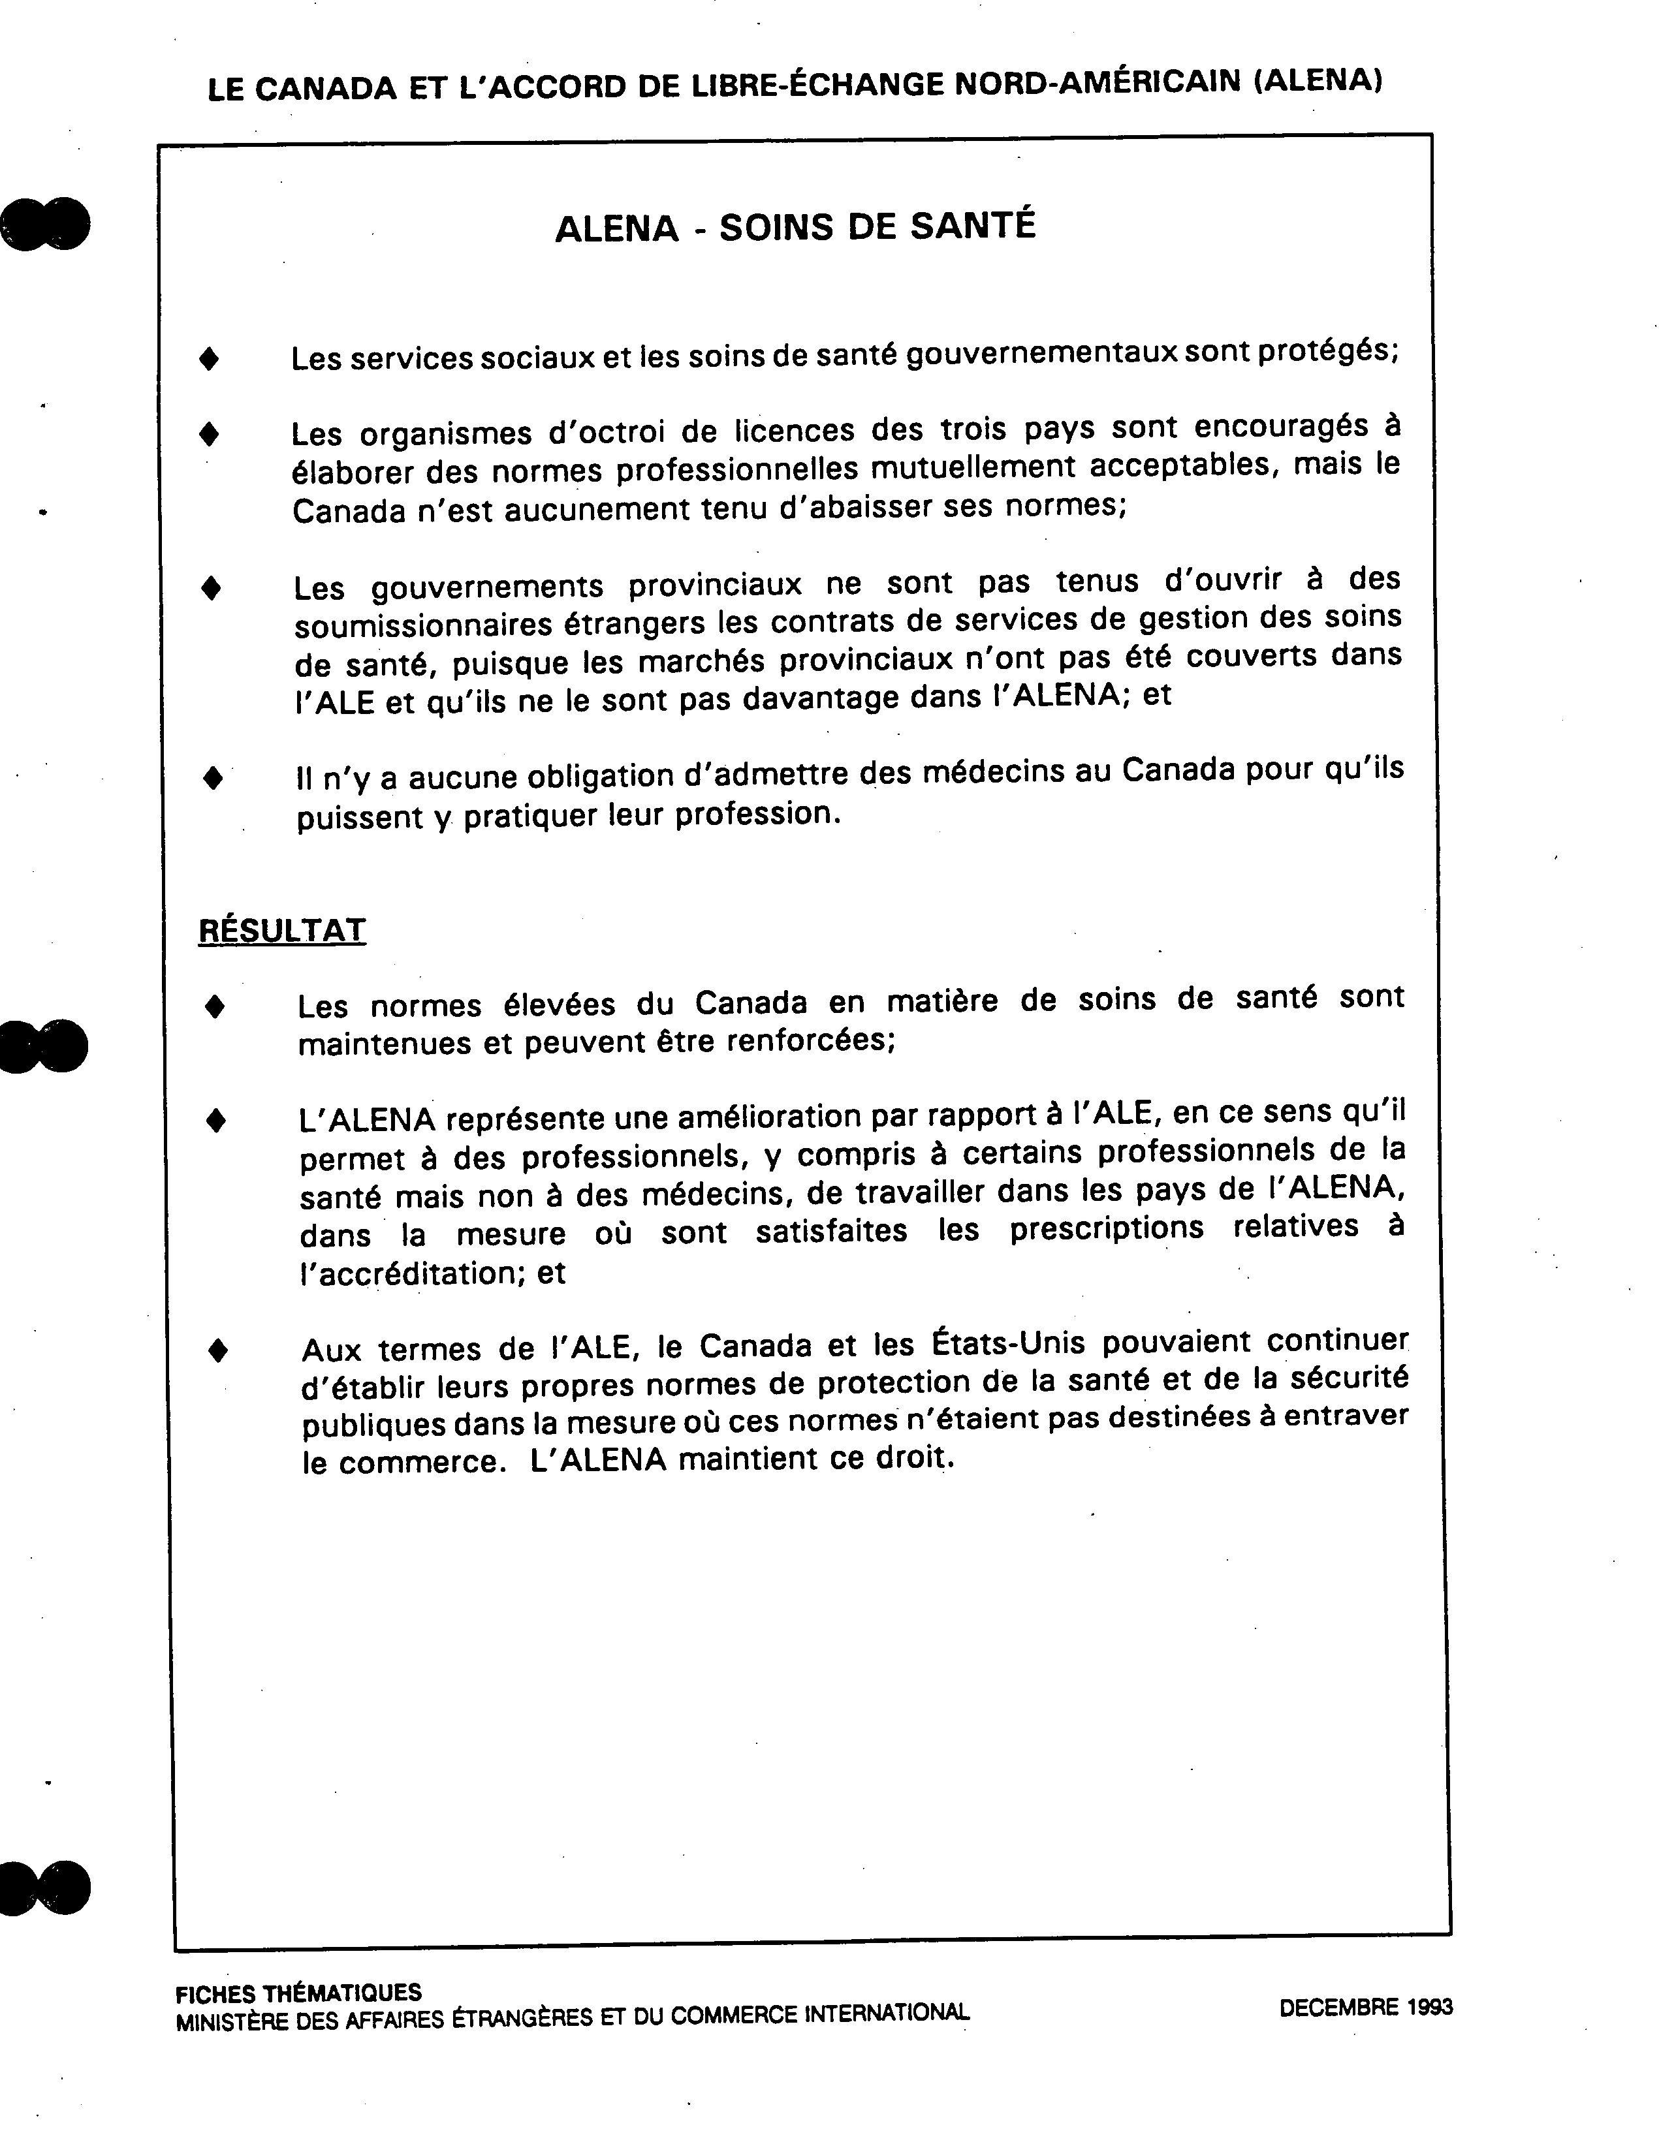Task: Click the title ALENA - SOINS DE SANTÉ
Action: (795, 227)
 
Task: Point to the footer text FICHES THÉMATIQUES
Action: (298, 1993)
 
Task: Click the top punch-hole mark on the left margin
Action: (46, 223)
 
